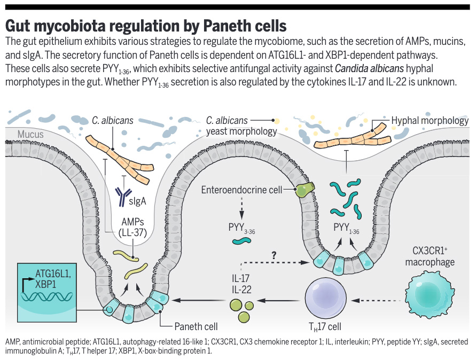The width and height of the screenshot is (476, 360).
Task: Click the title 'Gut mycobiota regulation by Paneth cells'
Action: (146, 25)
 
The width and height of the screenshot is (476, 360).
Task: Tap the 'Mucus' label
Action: (30, 135)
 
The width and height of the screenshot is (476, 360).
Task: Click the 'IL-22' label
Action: (239, 289)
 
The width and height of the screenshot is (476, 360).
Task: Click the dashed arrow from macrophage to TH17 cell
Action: (377, 301)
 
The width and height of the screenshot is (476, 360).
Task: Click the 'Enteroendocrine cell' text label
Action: (246, 190)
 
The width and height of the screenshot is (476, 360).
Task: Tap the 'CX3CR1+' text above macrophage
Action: (431, 251)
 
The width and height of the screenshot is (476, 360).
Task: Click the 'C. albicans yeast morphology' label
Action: (241, 126)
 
